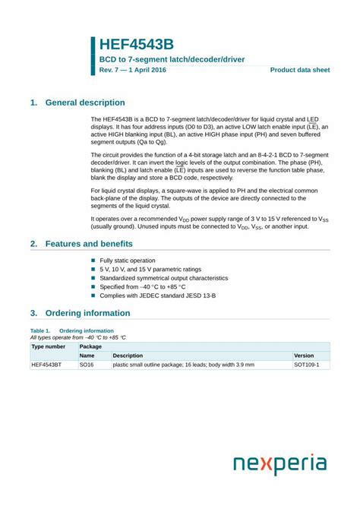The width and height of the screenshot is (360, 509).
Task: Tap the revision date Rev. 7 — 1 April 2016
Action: pos(132,70)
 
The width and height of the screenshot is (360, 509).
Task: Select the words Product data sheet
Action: pos(300,70)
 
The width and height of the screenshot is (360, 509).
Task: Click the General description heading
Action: pos(85,103)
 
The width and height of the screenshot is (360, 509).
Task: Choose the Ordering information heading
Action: pos(87,313)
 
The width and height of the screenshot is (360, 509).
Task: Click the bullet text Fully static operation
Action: pos(127,261)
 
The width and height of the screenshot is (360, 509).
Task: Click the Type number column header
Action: pos(48,346)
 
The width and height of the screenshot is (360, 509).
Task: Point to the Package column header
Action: pos(91,346)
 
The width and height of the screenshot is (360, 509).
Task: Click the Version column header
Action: pos(304,356)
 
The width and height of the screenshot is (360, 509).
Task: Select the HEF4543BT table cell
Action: pos(46,365)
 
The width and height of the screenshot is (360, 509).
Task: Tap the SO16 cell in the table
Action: pos(87,365)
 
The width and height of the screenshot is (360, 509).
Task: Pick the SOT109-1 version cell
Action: pos(307,365)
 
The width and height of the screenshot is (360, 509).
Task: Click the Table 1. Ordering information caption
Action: pos(72,330)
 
